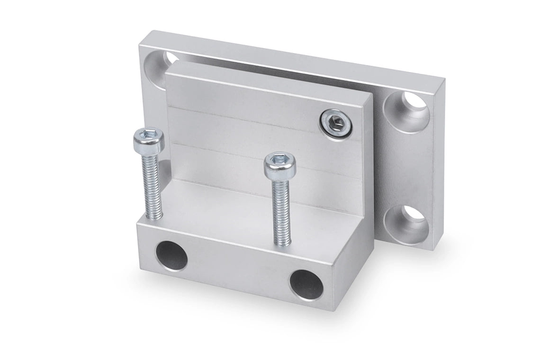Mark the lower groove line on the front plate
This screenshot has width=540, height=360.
click(x=256, y=157)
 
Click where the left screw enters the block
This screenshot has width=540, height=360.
click(x=154, y=218)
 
